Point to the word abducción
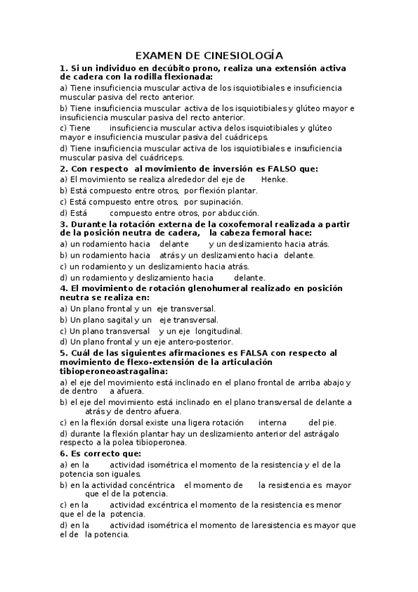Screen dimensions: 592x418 [239, 213]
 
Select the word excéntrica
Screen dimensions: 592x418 [159, 505]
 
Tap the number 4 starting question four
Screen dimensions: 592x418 [63, 288]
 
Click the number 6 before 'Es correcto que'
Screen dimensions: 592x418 [63, 454]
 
